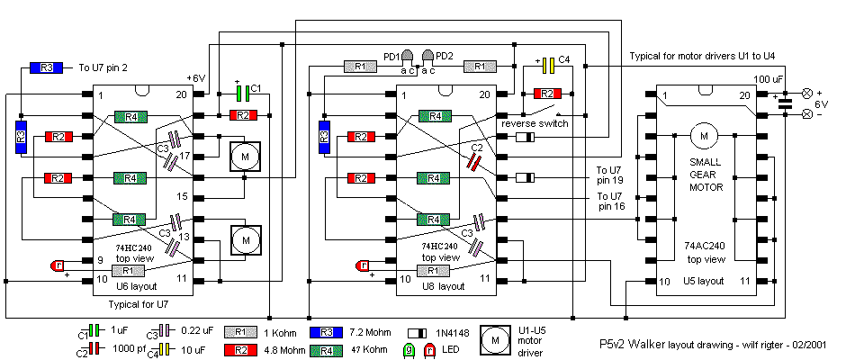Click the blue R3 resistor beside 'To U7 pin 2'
coord(48,67)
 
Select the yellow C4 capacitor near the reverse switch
coord(548,65)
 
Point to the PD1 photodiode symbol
coord(408,57)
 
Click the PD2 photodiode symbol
coord(428,57)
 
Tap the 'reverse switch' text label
coord(535,123)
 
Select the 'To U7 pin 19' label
coord(616,174)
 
